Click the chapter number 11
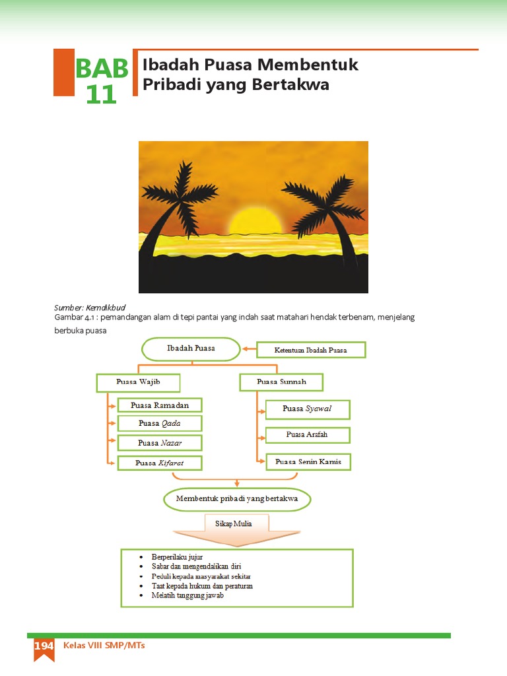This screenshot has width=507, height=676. (x=101, y=95)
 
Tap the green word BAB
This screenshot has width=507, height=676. (x=102, y=69)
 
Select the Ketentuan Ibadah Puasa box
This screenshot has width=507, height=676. (x=310, y=350)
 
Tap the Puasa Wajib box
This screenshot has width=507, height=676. (x=138, y=382)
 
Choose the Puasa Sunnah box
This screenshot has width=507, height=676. (x=281, y=382)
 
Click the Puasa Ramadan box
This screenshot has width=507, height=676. (x=159, y=405)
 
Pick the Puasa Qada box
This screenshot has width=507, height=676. (x=159, y=423)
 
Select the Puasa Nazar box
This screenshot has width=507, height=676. (x=159, y=443)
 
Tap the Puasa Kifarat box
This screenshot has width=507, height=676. (x=159, y=463)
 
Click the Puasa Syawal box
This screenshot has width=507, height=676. (x=307, y=409)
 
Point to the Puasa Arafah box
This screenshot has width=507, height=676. (x=307, y=435)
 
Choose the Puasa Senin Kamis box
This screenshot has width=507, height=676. (x=308, y=461)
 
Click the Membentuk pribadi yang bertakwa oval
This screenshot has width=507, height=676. (x=237, y=499)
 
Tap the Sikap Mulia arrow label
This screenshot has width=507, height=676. (x=233, y=524)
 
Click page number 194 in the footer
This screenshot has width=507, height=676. (x=44, y=646)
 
